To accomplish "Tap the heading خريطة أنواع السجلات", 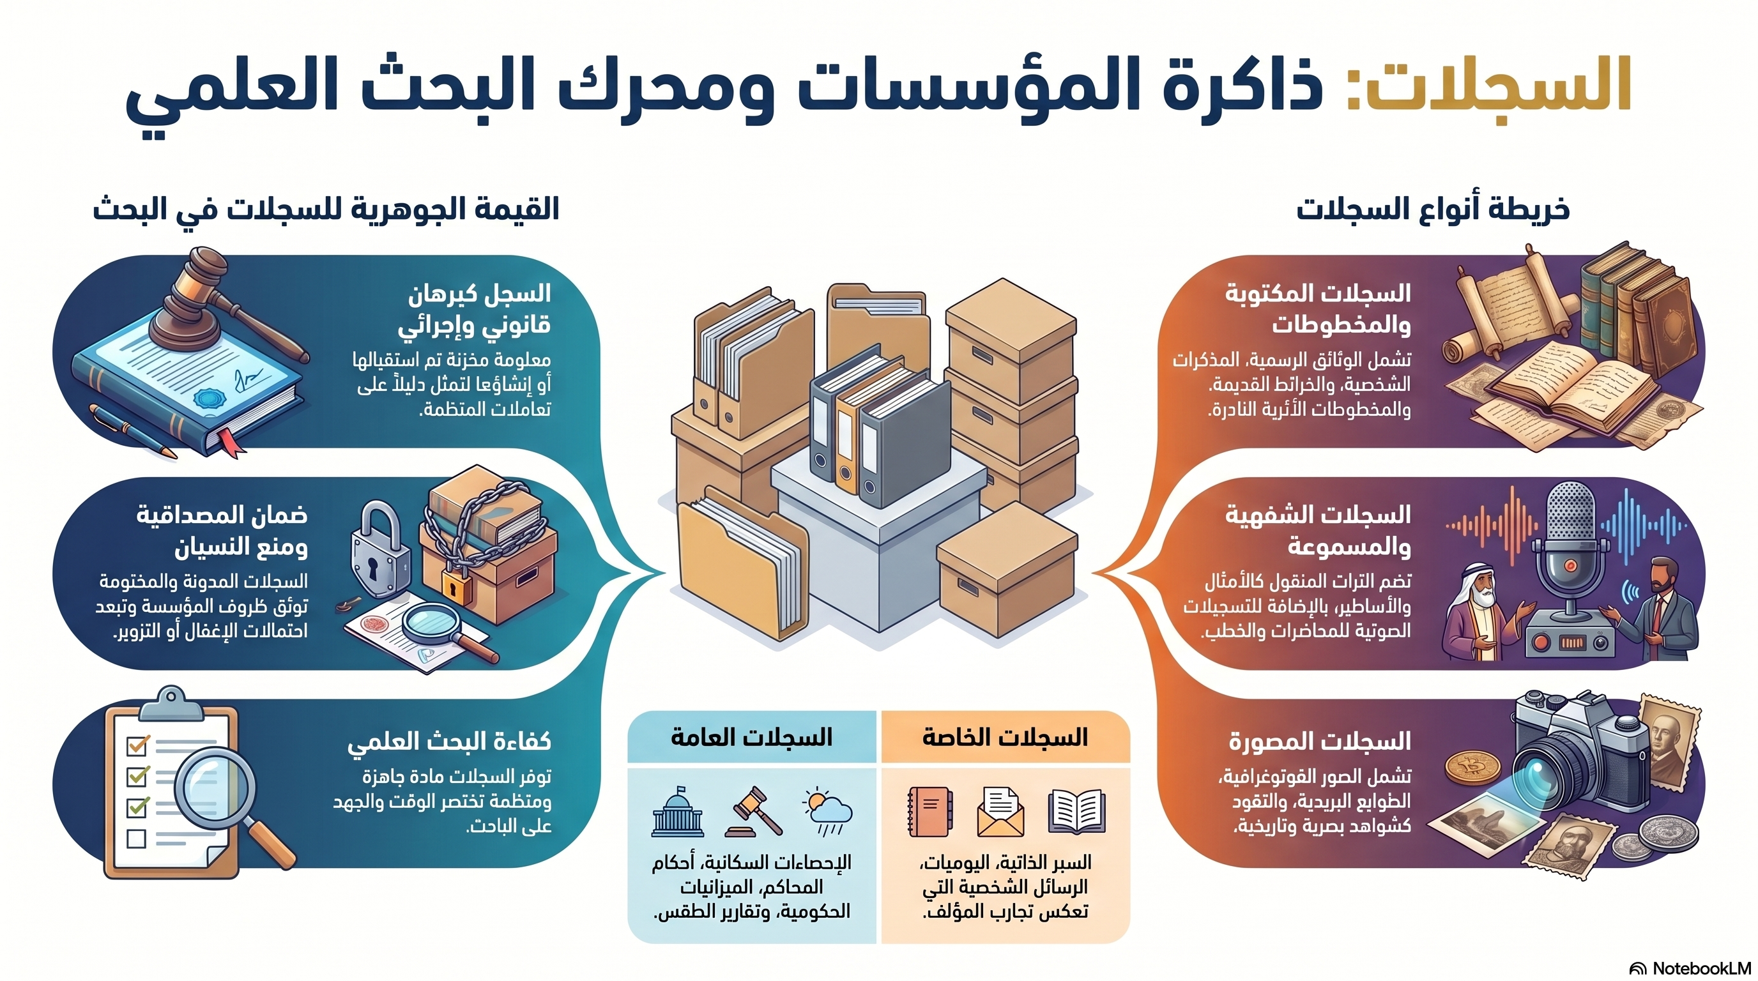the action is coord(1432,208).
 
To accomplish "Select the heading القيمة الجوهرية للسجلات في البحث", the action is coord(326,208).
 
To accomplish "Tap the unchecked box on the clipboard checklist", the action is coord(137,839).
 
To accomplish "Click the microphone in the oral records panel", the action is coord(1570,546).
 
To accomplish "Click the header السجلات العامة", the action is coord(751,738).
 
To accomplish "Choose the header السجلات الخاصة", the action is coord(1005,738).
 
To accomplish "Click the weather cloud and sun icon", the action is coord(828,812).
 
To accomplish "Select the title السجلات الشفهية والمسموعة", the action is coord(1318,530).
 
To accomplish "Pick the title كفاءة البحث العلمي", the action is coord(449,741).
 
